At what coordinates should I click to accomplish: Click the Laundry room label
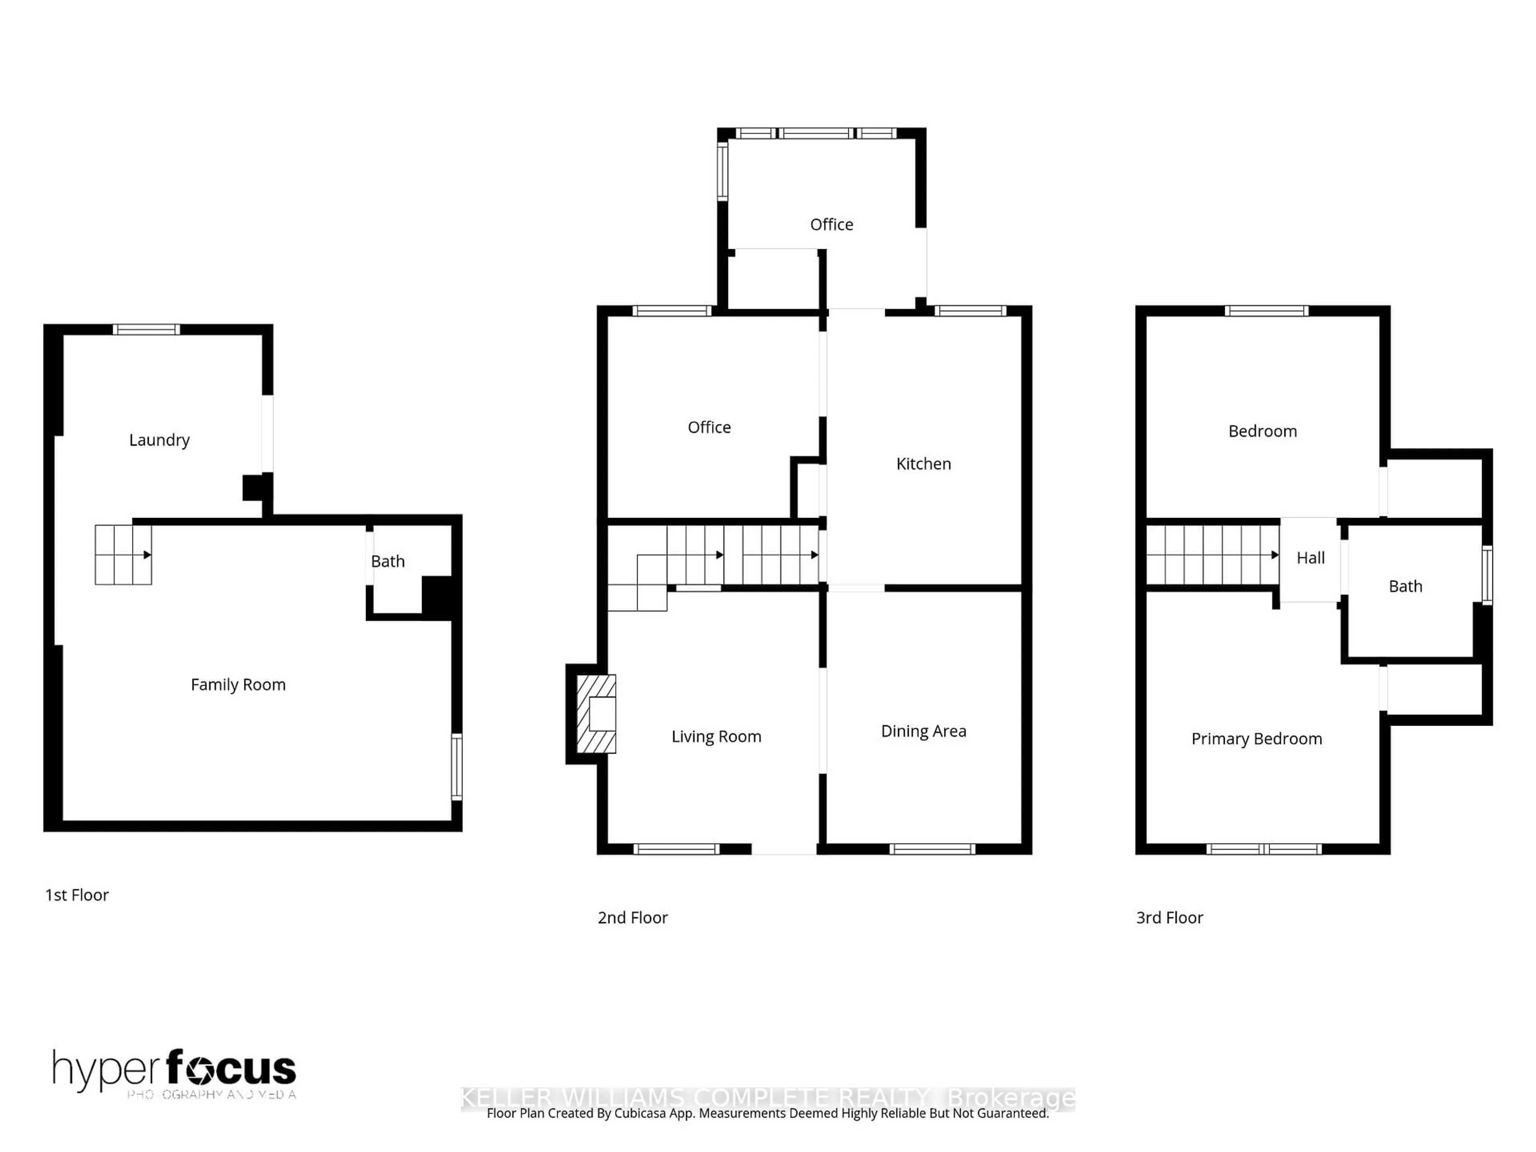coord(159,440)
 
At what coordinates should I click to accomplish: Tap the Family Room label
coord(238,685)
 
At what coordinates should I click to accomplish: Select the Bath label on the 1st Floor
coord(388,561)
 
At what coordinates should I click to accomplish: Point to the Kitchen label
coord(923,464)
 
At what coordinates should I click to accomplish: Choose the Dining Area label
coord(923,731)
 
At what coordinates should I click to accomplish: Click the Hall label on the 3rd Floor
coord(1310,558)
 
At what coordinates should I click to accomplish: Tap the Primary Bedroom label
coord(1256,739)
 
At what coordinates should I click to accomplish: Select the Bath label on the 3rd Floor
coord(1405,586)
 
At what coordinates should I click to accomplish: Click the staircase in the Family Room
coord(123,555)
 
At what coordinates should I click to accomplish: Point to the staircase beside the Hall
coord(1212,555)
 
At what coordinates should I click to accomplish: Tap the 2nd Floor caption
coord(632,917)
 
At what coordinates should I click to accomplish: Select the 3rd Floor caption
coord(1169,917)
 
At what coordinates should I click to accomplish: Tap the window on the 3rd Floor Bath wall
coord(1487,575)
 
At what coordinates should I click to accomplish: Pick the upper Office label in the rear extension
coord(831,224)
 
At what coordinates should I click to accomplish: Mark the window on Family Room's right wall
coord(456,767)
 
